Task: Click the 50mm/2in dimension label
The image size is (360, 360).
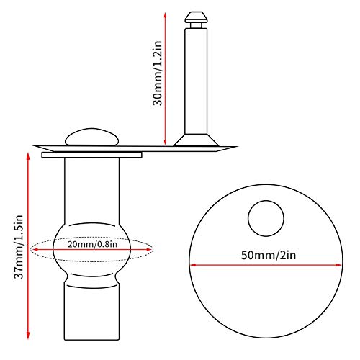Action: point(265,255)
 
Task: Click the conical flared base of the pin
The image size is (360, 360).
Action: point(196,138)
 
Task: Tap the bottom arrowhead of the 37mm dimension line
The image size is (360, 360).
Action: point(29,335)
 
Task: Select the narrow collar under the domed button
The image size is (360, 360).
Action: point(92,154)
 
